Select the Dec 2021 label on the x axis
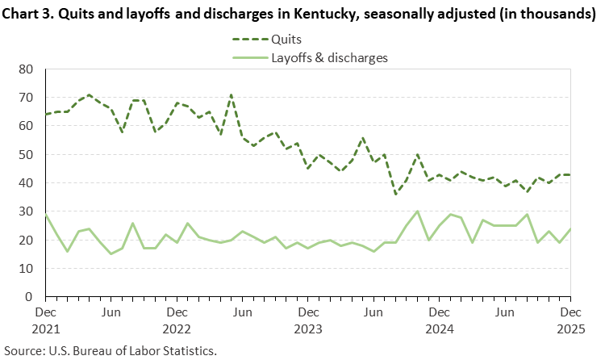45,318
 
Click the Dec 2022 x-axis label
177,318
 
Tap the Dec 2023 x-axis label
308,318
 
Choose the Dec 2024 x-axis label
439,318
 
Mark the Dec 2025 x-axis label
570,318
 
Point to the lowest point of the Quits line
395,194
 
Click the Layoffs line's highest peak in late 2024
417,211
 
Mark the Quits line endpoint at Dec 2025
570,174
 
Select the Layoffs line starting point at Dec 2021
45,214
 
